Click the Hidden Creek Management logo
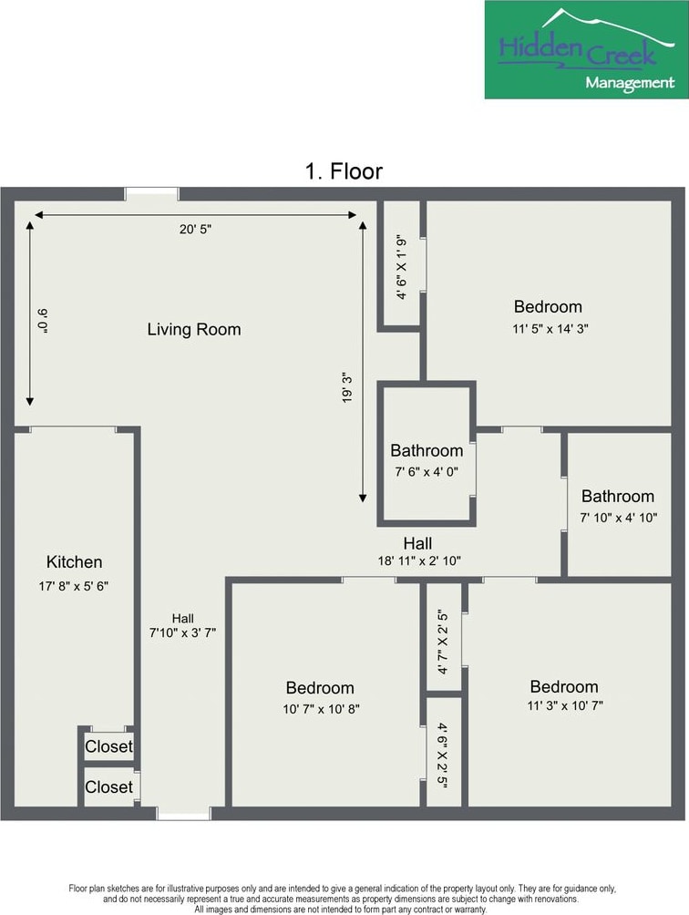click(586, 49)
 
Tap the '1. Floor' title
click(344, 171)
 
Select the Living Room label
click(194, 329)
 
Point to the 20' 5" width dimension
click(195, 229)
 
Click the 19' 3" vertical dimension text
click(348, 387)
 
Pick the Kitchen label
click(74, 562)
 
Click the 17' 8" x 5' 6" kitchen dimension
click(74, 586)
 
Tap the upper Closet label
click(108, 746)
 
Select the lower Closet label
click(108, 787)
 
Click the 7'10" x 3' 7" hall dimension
click(182, 632)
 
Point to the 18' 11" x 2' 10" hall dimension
click(419, 560)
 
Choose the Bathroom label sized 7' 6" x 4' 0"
click(427, 450)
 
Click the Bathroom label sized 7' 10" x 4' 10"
click(618, 496)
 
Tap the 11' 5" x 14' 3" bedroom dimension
click(550, 328)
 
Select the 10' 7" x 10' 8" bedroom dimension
click(321, 709)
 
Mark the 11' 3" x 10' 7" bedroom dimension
click(565, 705)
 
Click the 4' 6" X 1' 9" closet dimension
click(401, 268)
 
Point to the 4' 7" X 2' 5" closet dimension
click(443, 642)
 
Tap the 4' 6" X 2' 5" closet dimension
click(443, 756)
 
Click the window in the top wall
click(151, 194)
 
